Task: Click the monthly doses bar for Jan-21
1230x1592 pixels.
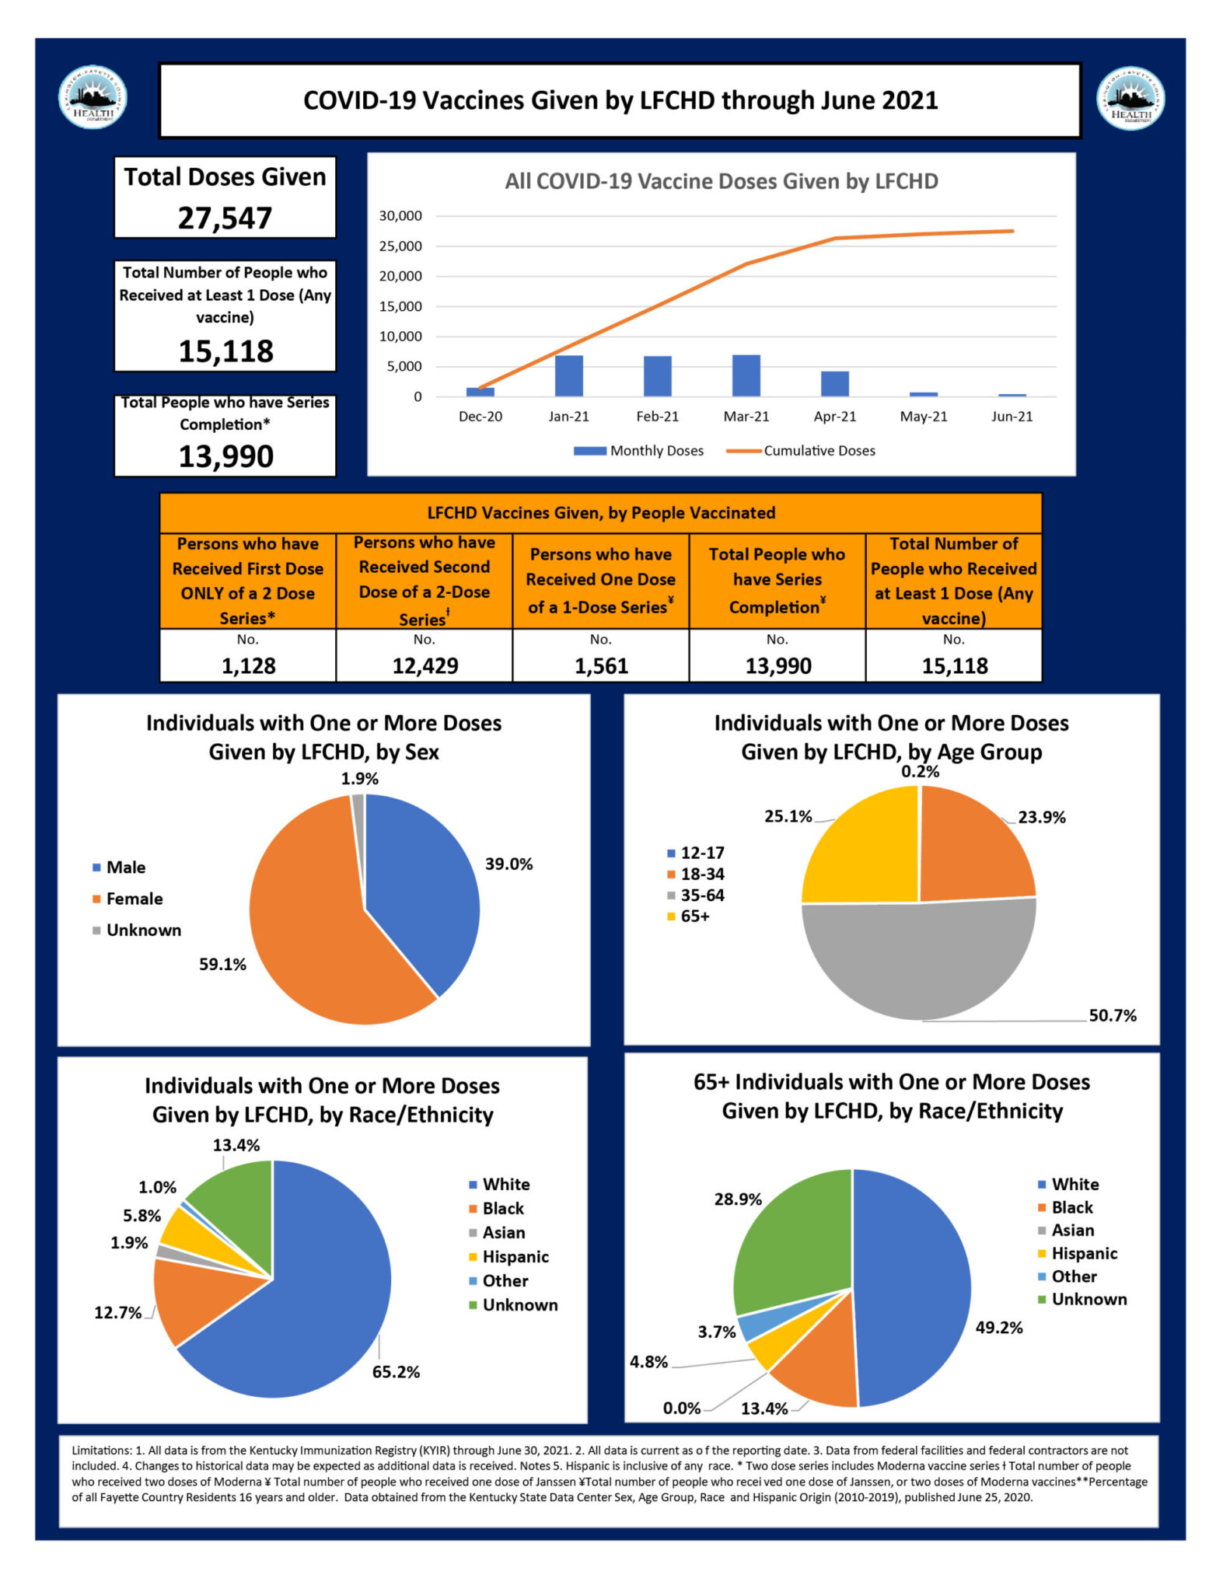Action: (568, 376)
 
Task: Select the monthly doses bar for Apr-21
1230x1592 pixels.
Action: (834, 384)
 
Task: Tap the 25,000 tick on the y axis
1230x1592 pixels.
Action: (400, 246)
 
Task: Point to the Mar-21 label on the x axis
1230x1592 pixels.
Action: (746, 417)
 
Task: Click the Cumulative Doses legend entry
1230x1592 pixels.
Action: (801, 451)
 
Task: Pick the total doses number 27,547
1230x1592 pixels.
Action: (225, 218)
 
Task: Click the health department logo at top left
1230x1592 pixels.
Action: (93, 98)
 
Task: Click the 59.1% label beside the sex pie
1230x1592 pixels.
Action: (222, 965)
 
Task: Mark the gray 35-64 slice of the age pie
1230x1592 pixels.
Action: (917, 964)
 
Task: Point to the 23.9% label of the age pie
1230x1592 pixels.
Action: (1042, 817)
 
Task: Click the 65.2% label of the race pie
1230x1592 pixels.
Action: (396, 1372)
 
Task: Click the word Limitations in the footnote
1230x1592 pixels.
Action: (101, 1451)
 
